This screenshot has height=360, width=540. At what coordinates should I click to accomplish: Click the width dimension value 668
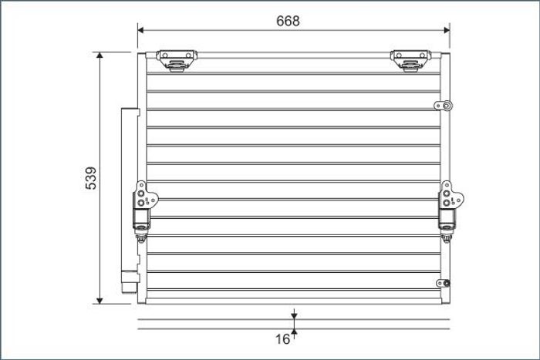coord(288,21)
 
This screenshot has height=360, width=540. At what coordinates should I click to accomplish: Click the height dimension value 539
coord(91,178)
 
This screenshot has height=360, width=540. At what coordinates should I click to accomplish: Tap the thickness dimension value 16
coord(282,339)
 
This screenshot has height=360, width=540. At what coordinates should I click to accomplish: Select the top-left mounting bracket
coord(177,61)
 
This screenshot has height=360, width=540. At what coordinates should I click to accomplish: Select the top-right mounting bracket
coord(410,61)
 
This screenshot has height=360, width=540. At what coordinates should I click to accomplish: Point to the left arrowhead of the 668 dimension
coord(140,30)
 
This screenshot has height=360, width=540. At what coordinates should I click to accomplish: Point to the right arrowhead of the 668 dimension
coord(447,30)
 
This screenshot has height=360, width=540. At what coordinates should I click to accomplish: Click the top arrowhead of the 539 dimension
coord(100,55)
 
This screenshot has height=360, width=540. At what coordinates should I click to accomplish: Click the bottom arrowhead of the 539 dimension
coord(100,301)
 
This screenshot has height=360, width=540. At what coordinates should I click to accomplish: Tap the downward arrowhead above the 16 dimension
coord(294,315)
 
